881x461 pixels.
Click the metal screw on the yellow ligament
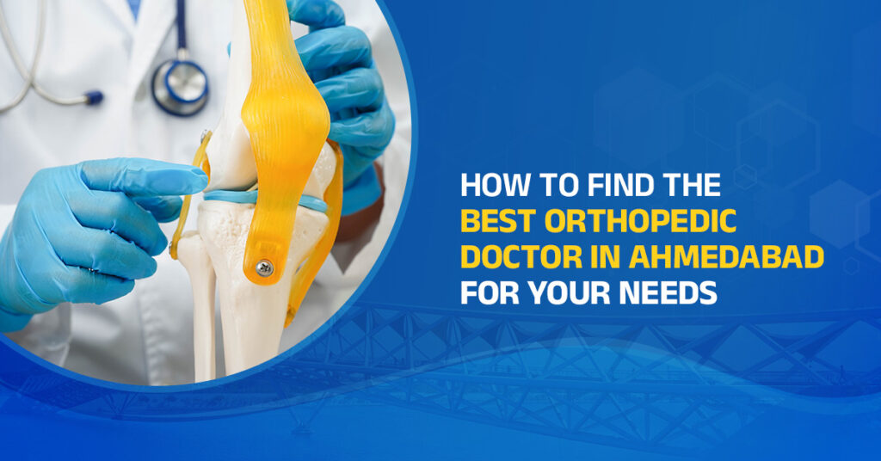pos(266,268)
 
